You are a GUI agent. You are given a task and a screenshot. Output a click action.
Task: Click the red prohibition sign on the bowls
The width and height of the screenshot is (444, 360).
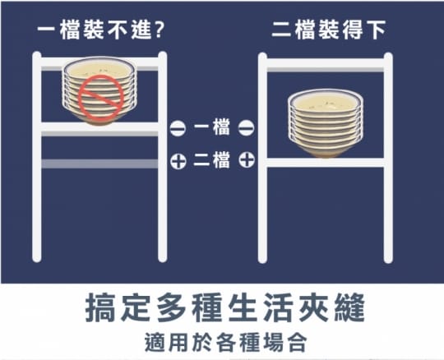[x=101, y=97]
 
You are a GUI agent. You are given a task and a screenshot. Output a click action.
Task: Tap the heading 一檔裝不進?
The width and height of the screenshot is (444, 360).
[x=100, y=30]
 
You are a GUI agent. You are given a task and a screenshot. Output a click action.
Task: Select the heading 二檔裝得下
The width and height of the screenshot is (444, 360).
[x=328, y=30]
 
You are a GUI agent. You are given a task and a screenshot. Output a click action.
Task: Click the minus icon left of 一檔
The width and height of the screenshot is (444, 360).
[x=178, y=128]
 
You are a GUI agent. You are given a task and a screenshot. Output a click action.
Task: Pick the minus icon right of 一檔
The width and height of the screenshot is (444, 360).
[x=246, y=128]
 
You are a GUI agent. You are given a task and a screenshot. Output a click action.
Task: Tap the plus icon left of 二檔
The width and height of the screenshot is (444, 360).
[x=178, y=162]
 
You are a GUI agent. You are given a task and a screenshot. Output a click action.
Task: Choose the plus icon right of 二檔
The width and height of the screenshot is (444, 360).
[x=247, y=159]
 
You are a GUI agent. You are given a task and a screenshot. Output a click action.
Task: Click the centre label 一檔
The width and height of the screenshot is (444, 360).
[x=212, y=127]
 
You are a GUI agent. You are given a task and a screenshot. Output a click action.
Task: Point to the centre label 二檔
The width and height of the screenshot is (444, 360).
[x=212, y=160]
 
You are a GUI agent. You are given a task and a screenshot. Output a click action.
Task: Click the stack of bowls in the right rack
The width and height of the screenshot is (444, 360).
[x=326, y=123]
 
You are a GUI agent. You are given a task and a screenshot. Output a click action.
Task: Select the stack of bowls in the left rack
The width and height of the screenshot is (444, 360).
[x=99, y=90]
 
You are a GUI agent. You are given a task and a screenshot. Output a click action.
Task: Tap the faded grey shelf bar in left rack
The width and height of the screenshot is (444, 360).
[x=99, y=164]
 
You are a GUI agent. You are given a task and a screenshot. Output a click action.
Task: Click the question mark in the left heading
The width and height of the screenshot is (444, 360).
[x=160, y=30]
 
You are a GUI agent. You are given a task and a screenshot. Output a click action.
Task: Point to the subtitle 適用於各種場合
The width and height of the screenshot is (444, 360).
[x=225, y=343]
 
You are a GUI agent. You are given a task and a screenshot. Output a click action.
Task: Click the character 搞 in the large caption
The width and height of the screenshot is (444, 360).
[x=100, y=307]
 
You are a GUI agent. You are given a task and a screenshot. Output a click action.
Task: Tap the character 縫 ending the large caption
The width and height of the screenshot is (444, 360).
[x=349, y=307]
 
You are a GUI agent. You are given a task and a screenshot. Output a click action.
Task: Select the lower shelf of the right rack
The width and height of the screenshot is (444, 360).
[x=326, y=163]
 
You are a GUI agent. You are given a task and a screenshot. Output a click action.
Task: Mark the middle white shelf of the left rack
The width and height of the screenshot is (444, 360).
[x=99, y=127]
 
